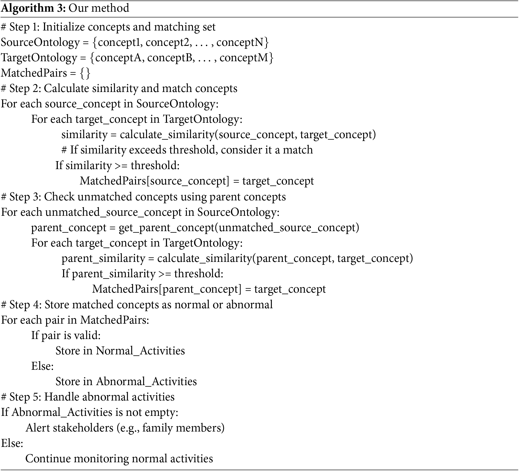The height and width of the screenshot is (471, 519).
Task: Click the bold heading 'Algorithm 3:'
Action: [x=34, y=8]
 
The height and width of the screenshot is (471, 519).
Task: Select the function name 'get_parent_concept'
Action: [x=166, y=228]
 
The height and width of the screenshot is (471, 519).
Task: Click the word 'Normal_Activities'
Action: [x=140, y=351]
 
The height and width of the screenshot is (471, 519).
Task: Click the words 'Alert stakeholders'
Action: [x=69, y=428]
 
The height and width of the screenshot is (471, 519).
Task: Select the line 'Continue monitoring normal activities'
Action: [x=119, y=459]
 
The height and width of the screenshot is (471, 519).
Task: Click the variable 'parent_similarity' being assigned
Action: [x=103, y=258]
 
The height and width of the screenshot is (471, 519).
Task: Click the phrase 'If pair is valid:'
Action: [x=66, y=336]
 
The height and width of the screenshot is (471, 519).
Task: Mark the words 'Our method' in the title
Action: [x=99, y=8]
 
